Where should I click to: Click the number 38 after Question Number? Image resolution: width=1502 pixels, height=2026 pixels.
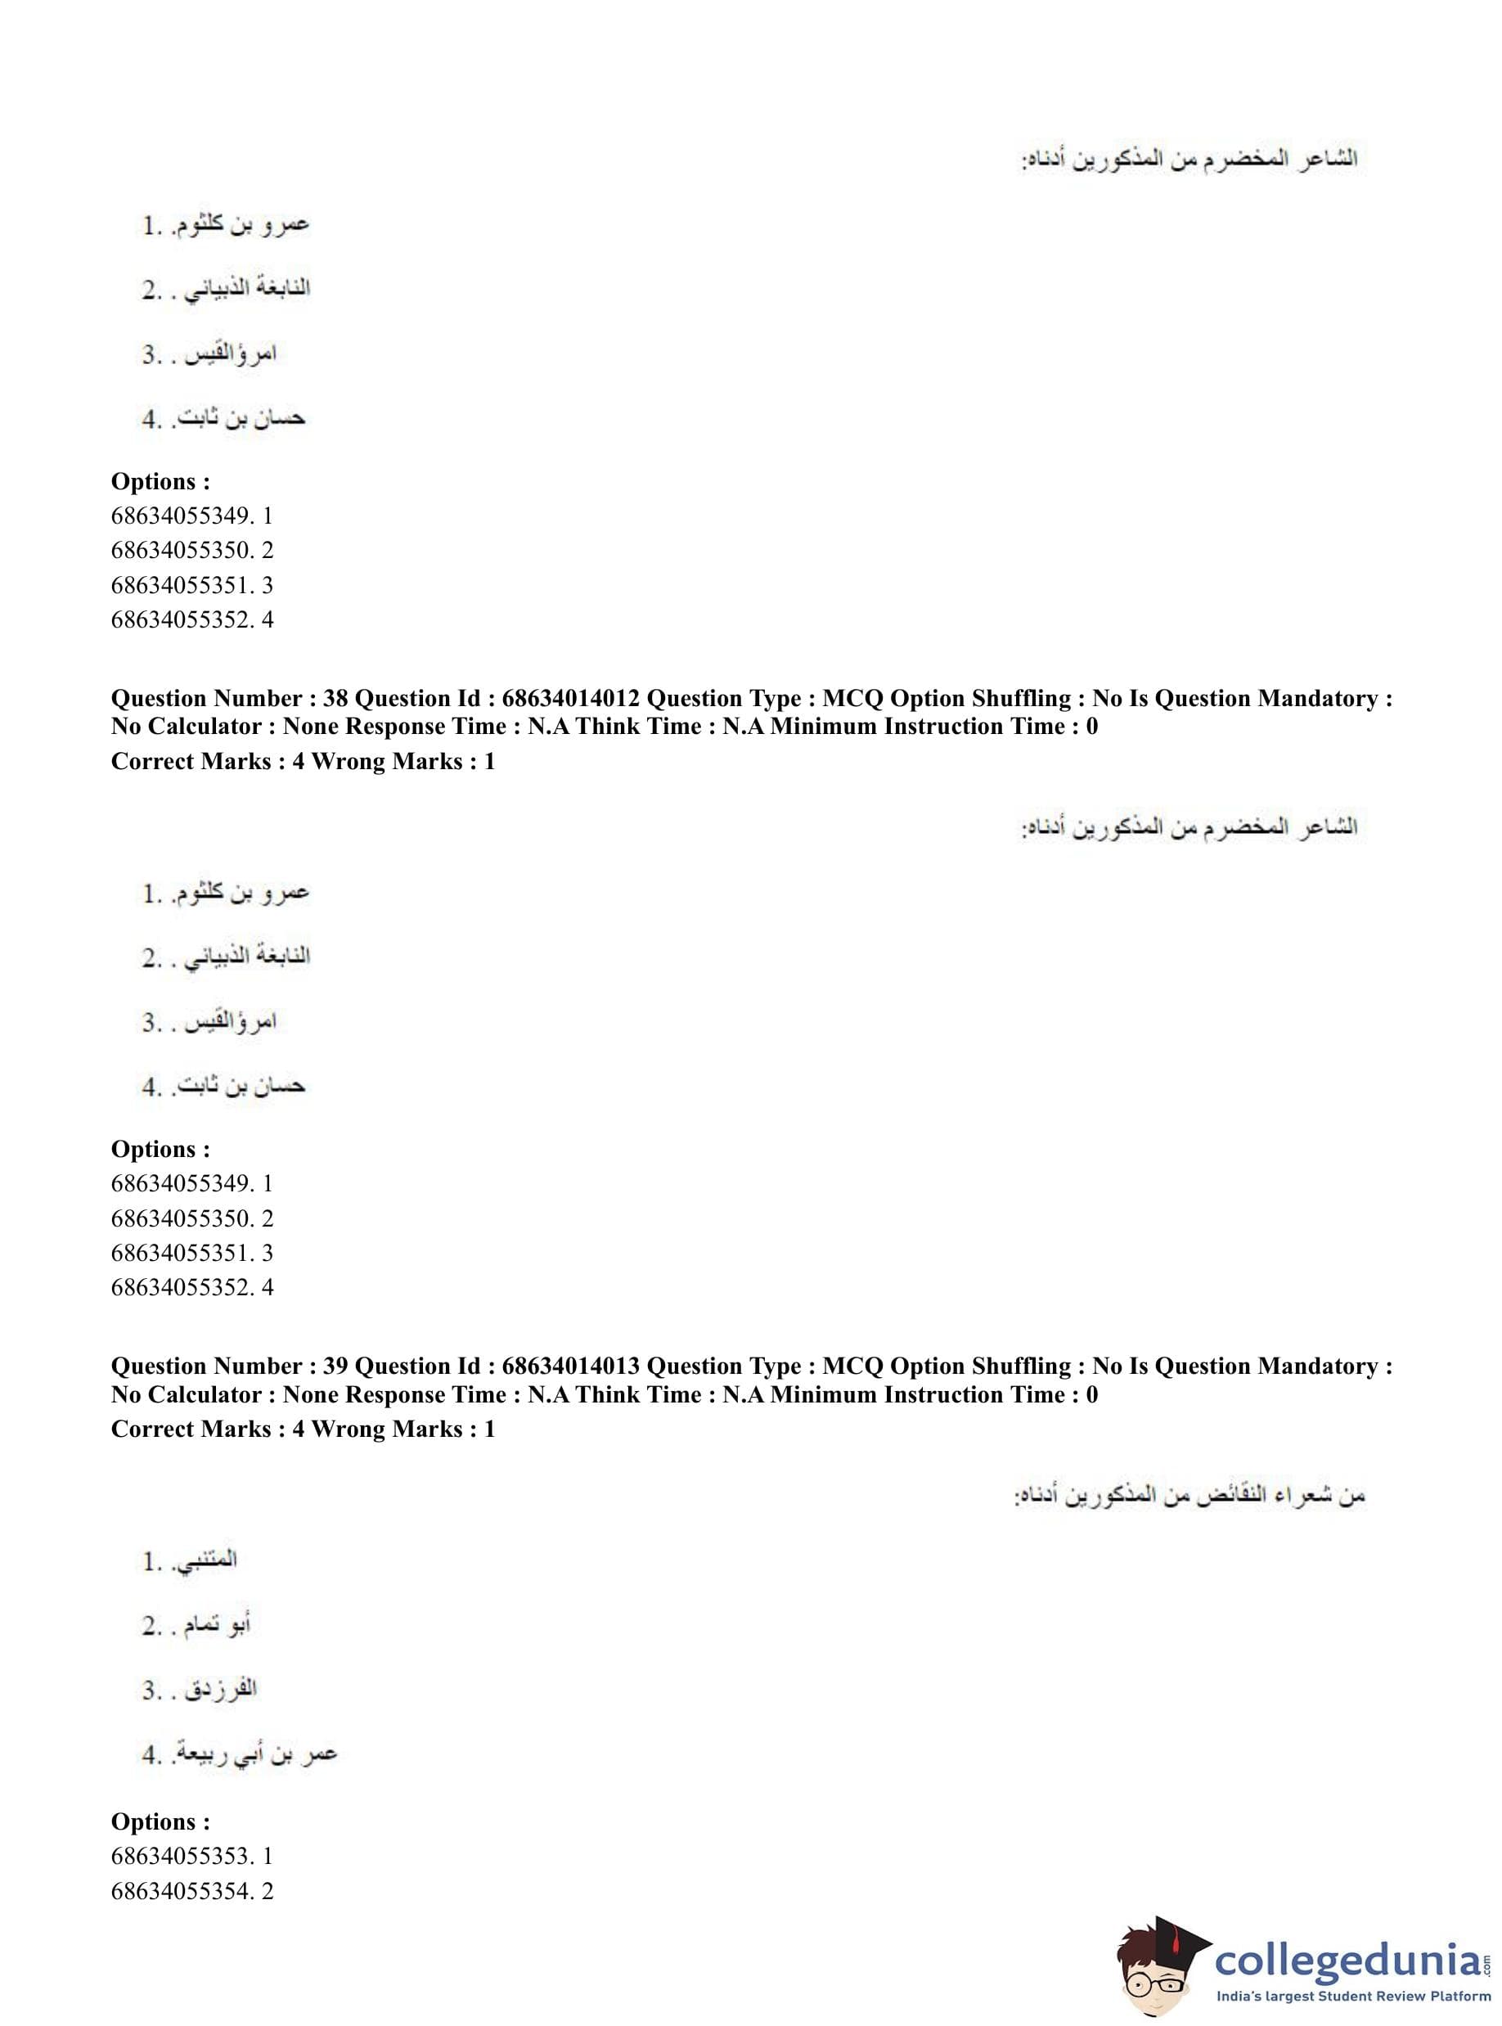[335, 698]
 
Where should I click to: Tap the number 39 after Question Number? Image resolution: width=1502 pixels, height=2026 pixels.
[335, 1366]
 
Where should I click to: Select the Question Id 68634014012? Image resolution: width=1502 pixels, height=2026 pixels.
[570, 698]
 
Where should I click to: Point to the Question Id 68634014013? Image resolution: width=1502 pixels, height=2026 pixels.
[570, 1366]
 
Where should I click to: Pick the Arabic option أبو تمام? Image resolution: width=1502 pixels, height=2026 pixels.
[218, 1624]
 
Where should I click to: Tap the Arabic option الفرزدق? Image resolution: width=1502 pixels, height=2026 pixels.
[220, 1689]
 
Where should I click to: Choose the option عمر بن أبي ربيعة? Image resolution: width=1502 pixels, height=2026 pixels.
[261, 1754]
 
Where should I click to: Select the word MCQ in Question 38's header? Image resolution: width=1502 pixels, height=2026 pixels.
[852, 698]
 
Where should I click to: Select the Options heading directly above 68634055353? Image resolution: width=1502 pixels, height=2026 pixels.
[160, 1821]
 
